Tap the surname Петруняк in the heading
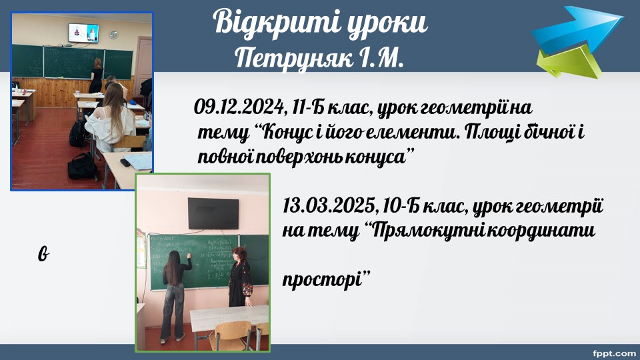click(x=294, y=59)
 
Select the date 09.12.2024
click(x=239, y=107)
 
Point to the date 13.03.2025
click(x=328, y=206)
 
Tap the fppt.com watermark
click(x=613, y=353)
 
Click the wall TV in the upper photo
click(x=84, y=33)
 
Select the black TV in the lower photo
click(x=213, y=213)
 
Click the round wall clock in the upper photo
click(x=113, y=35)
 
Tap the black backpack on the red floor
click(x=82, y=167)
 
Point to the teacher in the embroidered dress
click(x=241, y=277)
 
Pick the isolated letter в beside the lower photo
click(x=44, y=253)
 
